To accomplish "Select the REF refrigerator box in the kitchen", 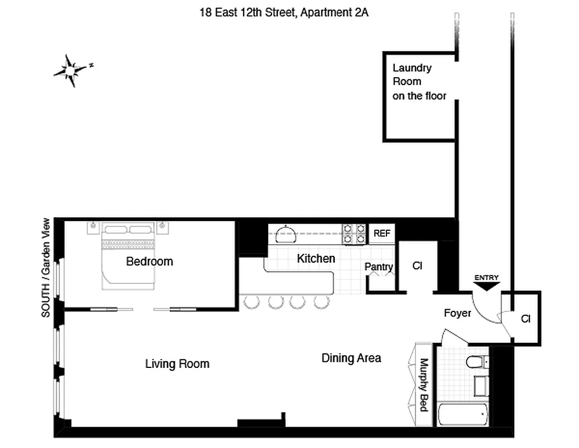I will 382,234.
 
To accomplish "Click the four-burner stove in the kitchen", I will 354,234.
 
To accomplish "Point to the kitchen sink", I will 288,234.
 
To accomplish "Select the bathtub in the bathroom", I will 463,415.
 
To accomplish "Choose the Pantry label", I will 379,267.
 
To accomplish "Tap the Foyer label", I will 457,313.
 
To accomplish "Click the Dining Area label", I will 351,358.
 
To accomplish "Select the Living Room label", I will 177,364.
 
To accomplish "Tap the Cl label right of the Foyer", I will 525,319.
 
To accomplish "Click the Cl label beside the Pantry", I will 417,266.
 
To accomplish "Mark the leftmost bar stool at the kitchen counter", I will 252,302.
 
